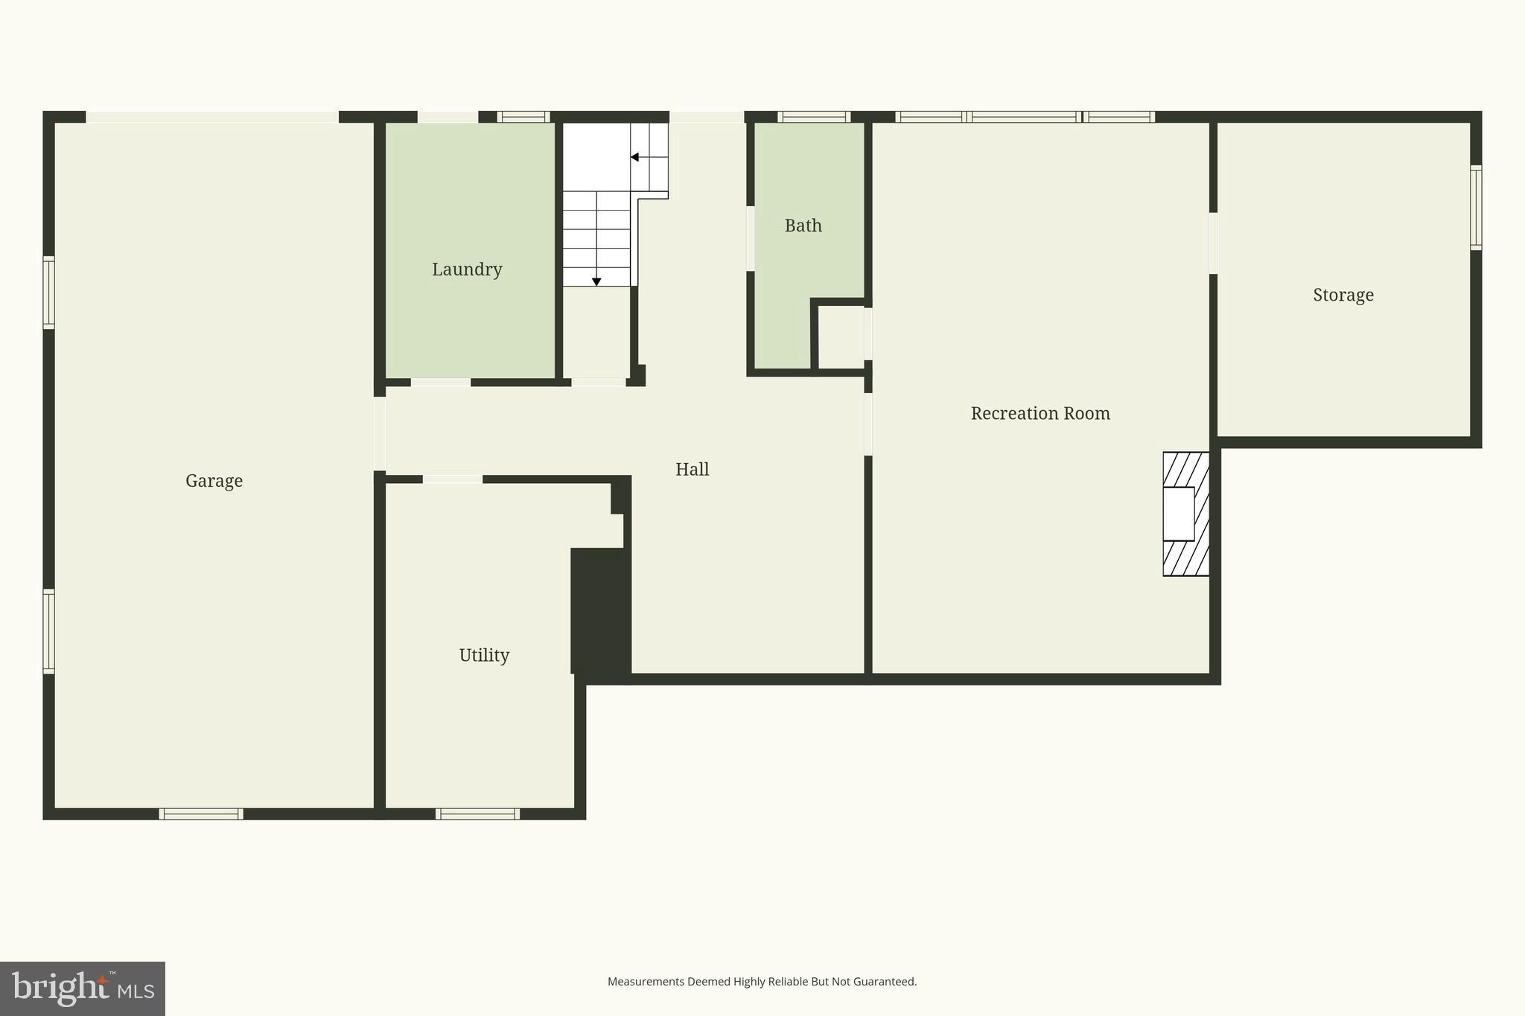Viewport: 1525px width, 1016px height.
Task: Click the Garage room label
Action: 214,481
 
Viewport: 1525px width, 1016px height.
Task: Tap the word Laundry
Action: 467,269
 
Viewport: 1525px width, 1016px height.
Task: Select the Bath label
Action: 803,226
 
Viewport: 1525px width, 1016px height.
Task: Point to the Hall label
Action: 692,470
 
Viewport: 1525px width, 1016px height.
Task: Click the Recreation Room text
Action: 1040,414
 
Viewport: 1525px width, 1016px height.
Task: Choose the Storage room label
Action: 1343,295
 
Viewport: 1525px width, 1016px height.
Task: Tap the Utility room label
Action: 484,655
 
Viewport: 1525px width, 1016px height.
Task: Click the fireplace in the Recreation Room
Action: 1185,514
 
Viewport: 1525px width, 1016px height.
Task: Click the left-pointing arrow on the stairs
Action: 634,157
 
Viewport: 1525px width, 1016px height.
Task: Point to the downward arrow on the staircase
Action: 596,281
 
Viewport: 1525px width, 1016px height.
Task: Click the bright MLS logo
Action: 83,988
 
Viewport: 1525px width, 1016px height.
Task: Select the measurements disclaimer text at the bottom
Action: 762,982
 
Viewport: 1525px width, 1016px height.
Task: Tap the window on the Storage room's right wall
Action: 1475,207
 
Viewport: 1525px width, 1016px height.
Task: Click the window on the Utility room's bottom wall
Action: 477,814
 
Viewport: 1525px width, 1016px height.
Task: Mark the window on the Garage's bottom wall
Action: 201,814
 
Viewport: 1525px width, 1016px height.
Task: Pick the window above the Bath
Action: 814,117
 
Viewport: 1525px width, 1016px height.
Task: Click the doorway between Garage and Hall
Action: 380,433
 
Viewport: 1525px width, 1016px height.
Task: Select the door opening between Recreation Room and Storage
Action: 1213,243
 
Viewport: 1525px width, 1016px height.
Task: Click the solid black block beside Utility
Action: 600,610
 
